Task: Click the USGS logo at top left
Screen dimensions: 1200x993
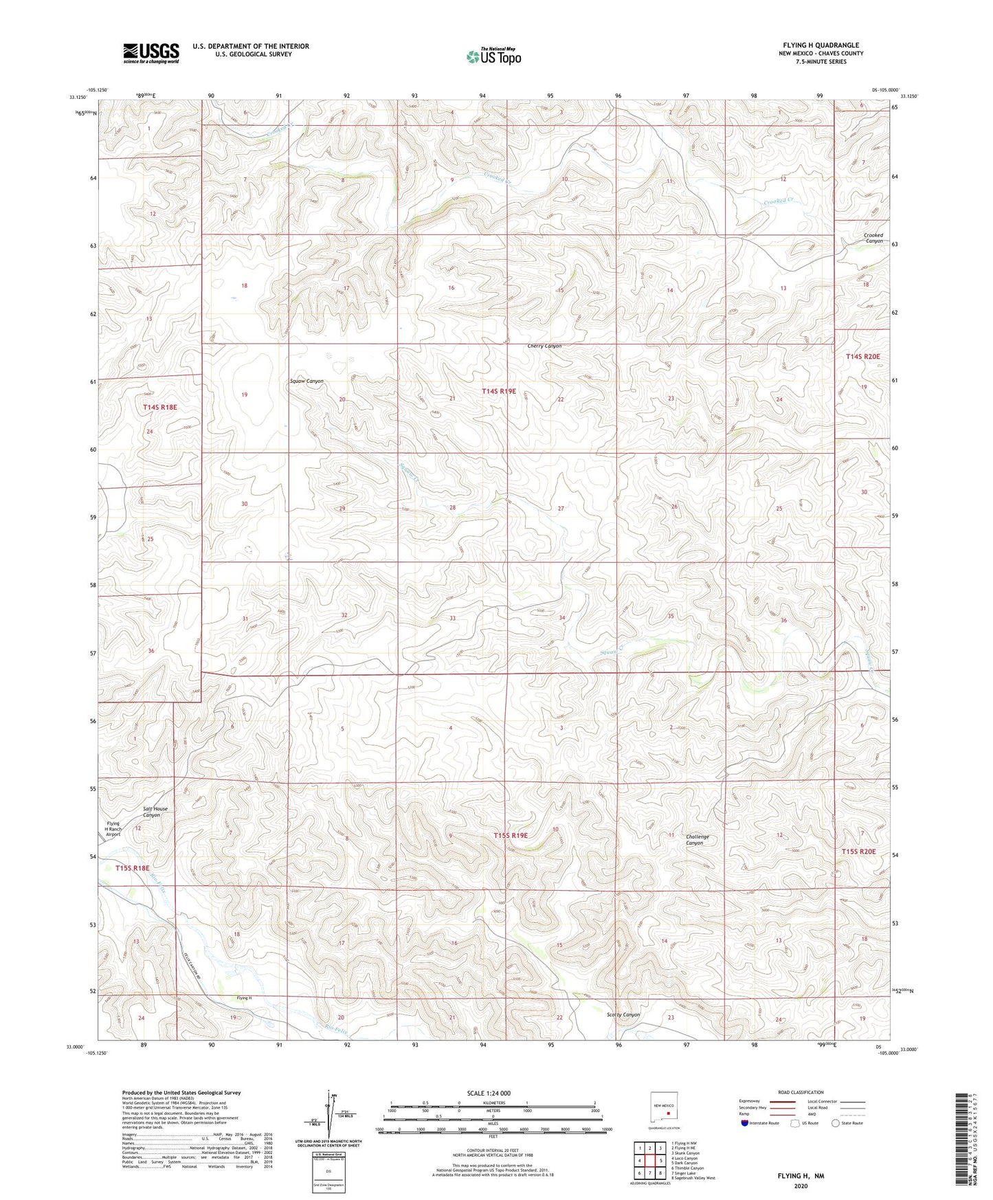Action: coord(151,52)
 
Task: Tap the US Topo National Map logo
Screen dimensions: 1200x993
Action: coord(493,56)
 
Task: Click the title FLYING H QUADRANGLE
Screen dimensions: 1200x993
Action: coord(820,45)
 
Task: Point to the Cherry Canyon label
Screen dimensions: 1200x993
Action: coord(544,346)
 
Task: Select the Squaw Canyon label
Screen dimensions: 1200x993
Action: coord(306,381)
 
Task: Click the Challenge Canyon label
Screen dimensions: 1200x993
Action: coord(697,840)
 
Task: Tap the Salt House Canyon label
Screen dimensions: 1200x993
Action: coord(155,812)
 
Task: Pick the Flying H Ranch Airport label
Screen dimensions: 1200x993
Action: coord(113,829)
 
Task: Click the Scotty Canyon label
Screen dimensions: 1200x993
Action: coord(623,1014)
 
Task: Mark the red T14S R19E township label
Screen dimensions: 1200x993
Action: coord(498,391)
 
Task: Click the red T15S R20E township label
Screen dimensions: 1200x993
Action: coord(859,852)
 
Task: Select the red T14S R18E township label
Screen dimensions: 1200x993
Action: coord(160,408)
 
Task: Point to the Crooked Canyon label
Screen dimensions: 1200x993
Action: coord(873,238)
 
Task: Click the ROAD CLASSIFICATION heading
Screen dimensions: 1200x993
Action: coord(801,1092)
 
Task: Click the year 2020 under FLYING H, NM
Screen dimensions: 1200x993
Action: coord(800,1186)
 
